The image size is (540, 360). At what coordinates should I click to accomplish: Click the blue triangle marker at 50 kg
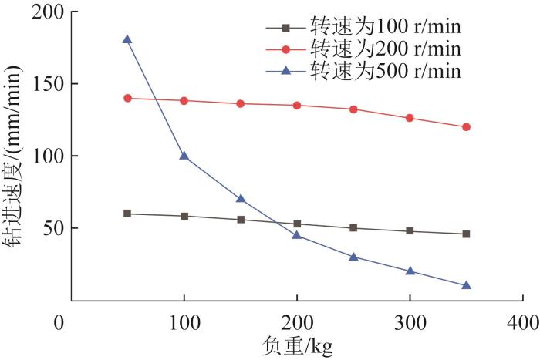[x=127, y=39]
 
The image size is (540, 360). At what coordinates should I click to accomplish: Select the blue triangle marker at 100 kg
[x=184, y=156]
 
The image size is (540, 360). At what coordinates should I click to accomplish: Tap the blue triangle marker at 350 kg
[x=466, y=285]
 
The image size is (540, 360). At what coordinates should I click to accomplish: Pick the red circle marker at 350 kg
[x=466, y=127]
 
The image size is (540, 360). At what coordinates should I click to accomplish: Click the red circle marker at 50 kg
[x=127, y=98]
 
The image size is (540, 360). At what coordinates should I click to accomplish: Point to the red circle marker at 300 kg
[x=410, y=118]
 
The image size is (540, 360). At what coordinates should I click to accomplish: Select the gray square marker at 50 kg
[x=127, y=214]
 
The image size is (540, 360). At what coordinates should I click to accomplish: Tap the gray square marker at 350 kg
[x=466, y=234]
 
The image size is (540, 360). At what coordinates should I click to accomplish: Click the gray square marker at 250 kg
[x=353, y=228]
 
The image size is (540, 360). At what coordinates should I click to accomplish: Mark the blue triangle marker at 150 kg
[x=241, y=199]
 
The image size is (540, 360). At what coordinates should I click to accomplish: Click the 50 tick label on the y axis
[x=49, y=228]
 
